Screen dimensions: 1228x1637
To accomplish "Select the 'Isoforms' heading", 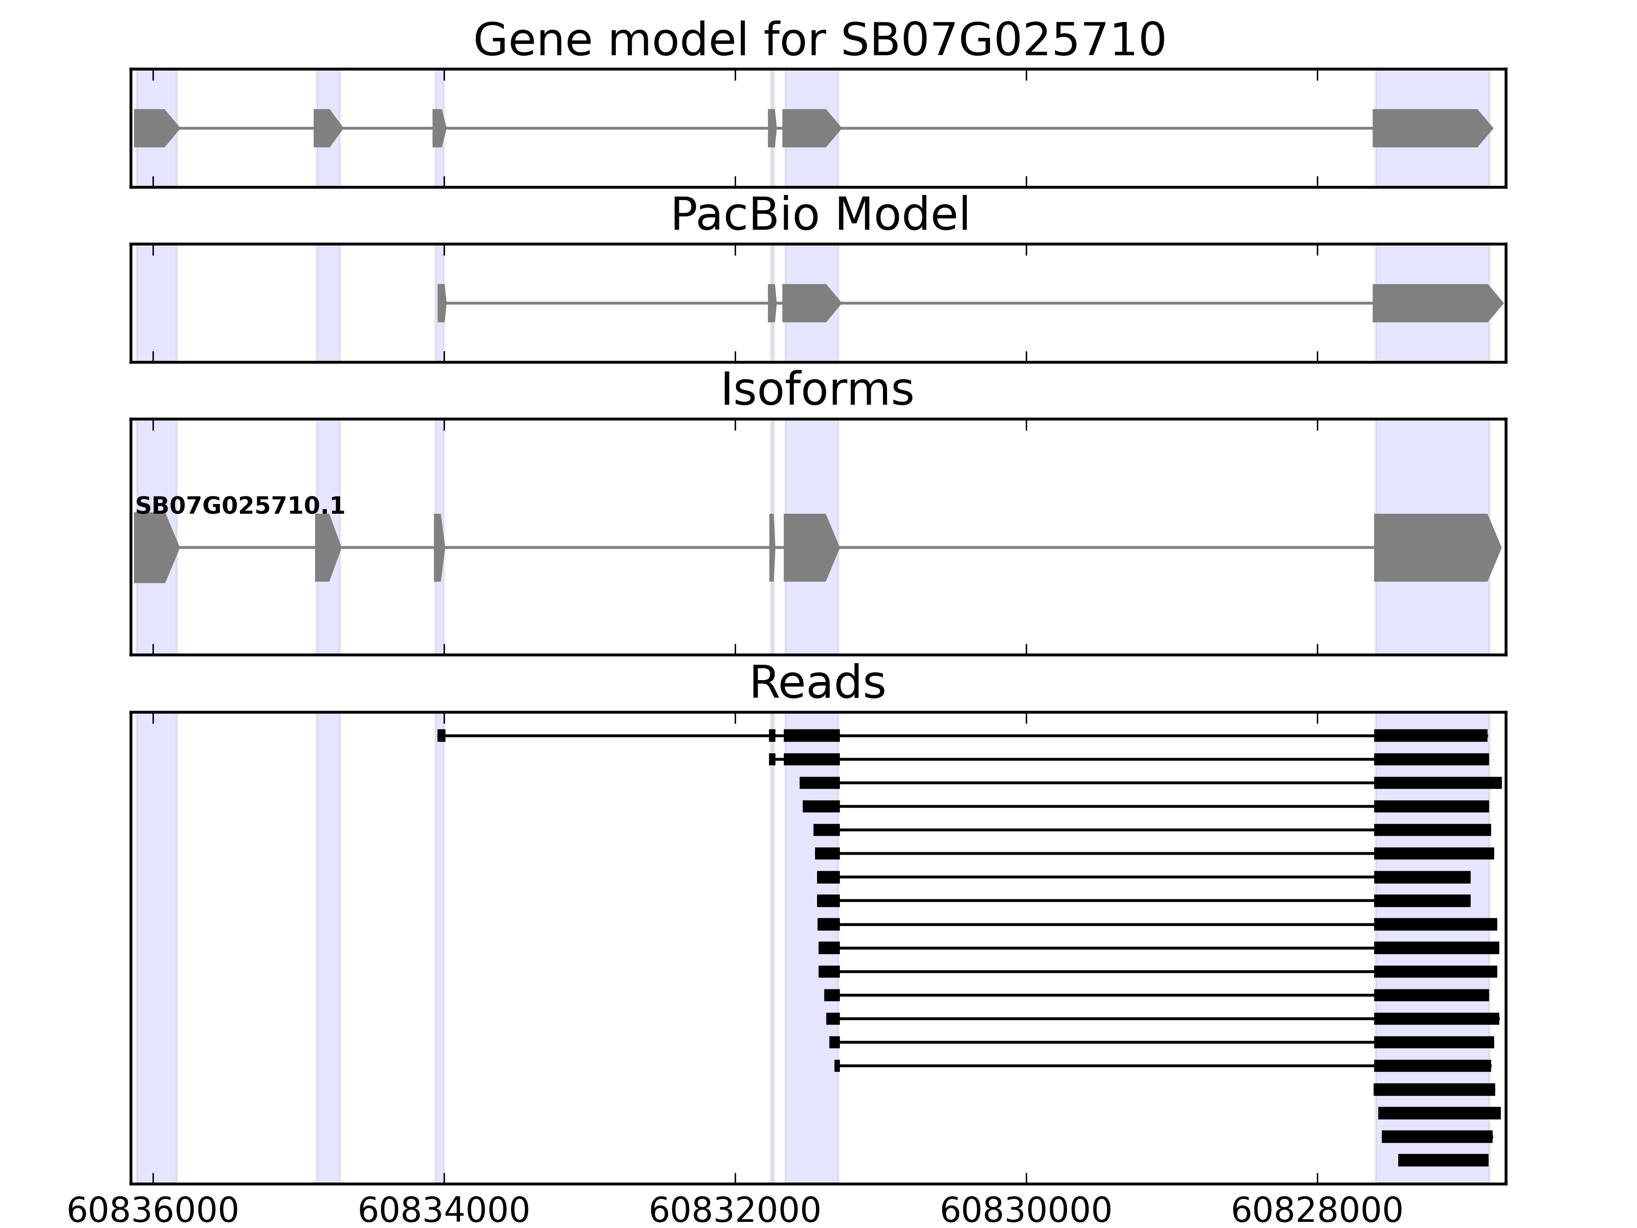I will [817, 390].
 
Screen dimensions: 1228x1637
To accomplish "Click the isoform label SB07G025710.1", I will [240, 507].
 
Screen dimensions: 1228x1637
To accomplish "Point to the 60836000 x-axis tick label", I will [152, 1211].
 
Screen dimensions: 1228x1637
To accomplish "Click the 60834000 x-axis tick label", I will [444, 1211].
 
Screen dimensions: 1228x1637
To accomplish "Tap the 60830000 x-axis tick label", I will [1025, 1211].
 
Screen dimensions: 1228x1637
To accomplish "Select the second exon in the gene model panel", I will [326, 128].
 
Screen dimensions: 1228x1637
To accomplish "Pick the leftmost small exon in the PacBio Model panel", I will [441, 303].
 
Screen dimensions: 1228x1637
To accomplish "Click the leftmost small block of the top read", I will [441, 736].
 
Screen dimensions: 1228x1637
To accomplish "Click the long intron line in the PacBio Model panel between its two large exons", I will [1107, 303].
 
